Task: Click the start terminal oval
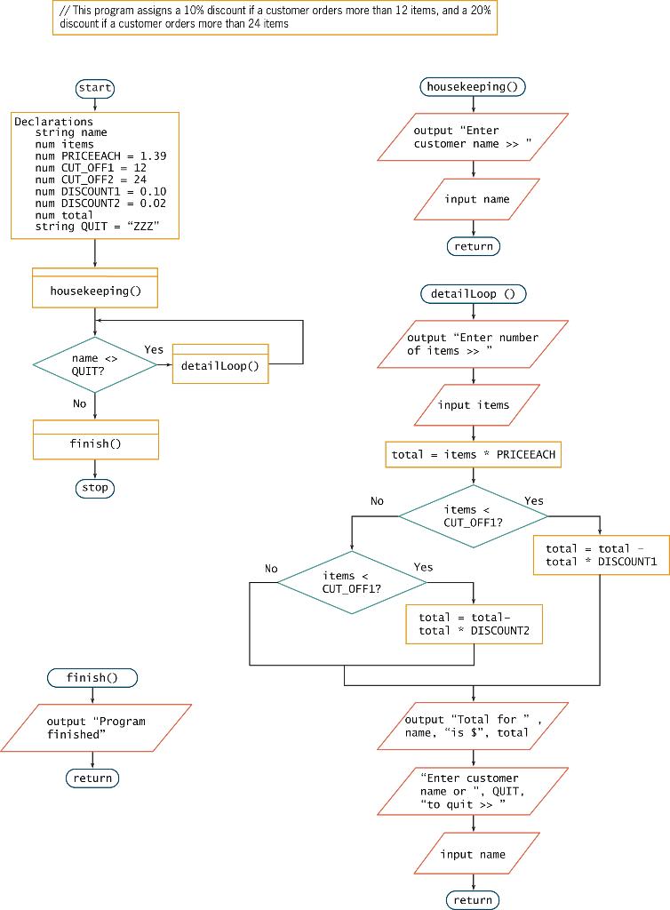[x=95, y=88]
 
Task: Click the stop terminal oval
[x=95, y=488]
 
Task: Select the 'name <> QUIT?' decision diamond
[x=94, y=364]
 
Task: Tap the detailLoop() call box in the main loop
[x=219, y=365]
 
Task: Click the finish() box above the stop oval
[x=95, y=443]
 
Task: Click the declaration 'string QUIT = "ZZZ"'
[x=97, y=227]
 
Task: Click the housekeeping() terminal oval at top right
[x=473, y=86]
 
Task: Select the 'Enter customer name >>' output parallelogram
[x=473, y=137]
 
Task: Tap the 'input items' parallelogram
[x=474, y=405]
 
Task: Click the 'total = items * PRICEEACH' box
[x=474, y=454]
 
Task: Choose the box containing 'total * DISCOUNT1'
[x=601, y=555]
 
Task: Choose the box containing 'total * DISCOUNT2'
[x=474, y=624]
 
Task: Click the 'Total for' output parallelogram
[x=473, y=726]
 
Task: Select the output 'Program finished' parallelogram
[x=95, y=728]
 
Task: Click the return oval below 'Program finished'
[x=92, y=778]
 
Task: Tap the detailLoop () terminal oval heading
[x=473, y=293]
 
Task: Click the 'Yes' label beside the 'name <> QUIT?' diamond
[x=154, y=349]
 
